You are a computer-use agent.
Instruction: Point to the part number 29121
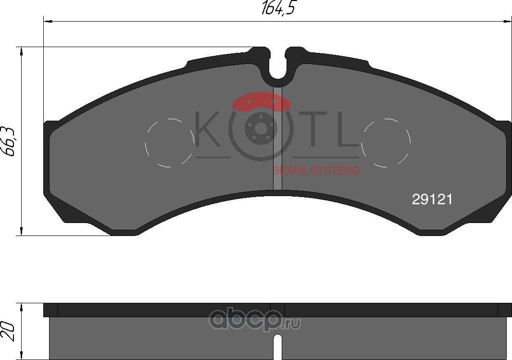pos(432,200)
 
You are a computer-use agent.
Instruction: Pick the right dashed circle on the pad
pos(386,142)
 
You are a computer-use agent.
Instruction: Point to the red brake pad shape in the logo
pos(259,101)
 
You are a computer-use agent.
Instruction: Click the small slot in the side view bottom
pos(277,348)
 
